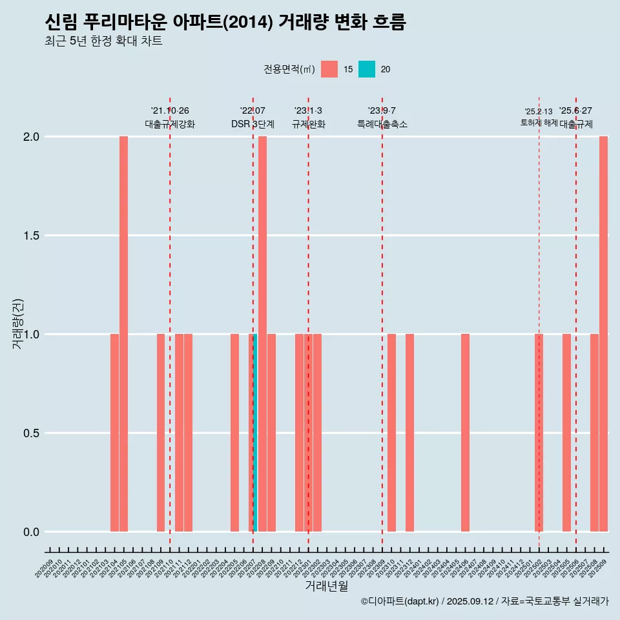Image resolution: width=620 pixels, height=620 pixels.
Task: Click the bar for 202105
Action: [x=123, y=334]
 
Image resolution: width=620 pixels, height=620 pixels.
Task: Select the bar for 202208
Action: [x=262, y=334]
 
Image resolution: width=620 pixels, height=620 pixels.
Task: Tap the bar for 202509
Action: [x=603, y=334]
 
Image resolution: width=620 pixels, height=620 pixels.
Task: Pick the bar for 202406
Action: [x=465, y=433]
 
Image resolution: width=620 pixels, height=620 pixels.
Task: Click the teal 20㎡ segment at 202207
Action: [x=255, y=433]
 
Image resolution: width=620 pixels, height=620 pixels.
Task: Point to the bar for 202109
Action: [x=161, y=433]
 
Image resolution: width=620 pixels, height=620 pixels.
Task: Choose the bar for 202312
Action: [x=409, y=433]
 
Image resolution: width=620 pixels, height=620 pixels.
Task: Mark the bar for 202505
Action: [x=566, y=433]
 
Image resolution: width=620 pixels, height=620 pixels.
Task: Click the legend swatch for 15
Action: [x=329, y=69]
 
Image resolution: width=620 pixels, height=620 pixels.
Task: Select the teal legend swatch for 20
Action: [x=367, y=69]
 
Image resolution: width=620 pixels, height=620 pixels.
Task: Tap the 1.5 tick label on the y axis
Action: [x=30, y=236]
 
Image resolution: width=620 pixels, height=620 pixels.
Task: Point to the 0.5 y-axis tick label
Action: [x=30, y=433]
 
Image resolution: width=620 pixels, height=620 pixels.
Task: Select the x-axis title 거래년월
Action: [x=326, y=586]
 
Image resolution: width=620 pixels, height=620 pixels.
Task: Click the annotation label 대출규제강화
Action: [x=170, y=124]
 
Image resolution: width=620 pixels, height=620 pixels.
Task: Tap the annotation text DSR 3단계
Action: [x=253, y=124]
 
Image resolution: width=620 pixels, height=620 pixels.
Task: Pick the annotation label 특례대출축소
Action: [x=382, y=124]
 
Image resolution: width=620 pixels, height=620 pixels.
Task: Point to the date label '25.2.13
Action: [x=539, y=112]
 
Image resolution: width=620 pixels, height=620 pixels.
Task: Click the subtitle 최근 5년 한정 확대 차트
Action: [x=103, y=41]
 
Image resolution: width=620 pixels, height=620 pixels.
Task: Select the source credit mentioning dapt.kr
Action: [x=484, y=601]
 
